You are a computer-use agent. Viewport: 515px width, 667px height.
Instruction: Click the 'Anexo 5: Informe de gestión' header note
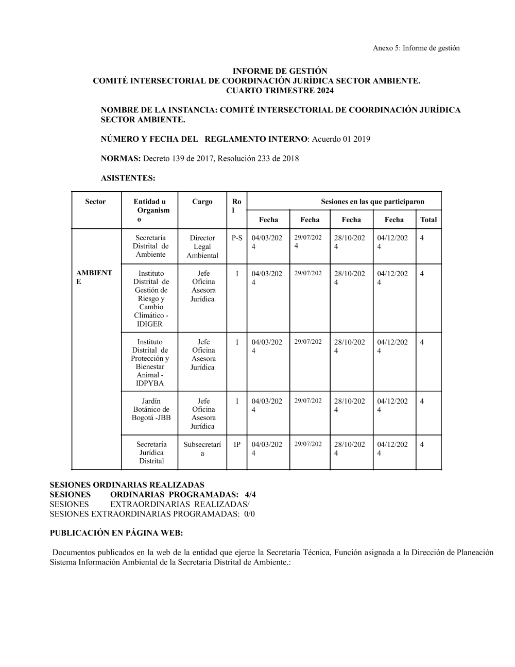(x=416, y=48)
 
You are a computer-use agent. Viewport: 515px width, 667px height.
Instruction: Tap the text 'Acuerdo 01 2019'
(x=341, y=139)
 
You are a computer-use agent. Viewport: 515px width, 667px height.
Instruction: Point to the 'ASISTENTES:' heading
(x=128, y=178)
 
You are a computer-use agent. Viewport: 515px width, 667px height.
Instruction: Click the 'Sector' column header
(x=95, y=202)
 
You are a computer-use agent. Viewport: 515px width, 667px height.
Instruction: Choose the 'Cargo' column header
(x=202, y=202)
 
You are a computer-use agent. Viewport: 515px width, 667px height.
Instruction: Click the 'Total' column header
(x=428, y=220)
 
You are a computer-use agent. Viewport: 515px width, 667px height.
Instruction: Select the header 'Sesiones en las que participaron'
(x=372, y=202)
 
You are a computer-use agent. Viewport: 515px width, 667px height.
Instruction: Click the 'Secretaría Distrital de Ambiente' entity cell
(x=150, y=246)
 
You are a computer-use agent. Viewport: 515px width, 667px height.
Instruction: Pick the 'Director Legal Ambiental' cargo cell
(x=202, y=246)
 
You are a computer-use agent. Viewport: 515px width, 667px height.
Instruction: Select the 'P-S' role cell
(x=237, y=238)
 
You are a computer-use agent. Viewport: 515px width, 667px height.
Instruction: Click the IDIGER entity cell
(x=150, y=298)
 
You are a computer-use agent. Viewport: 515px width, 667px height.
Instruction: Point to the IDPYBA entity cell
(x=150, y=362)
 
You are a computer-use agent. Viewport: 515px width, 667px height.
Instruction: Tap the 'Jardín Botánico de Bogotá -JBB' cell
(x=150, y=409)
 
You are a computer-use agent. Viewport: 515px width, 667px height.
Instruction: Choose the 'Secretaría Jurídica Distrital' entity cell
(x=151, y=453)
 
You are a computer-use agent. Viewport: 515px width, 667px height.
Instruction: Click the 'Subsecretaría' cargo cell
(x=202, y=448)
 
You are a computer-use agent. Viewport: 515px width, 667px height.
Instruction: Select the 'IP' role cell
(x=237, y=444)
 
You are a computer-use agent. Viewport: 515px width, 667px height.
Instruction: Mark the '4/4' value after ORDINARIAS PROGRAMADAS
(x=250, y=495)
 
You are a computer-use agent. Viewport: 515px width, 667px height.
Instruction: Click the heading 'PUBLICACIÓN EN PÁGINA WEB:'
(x=116, y=533)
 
